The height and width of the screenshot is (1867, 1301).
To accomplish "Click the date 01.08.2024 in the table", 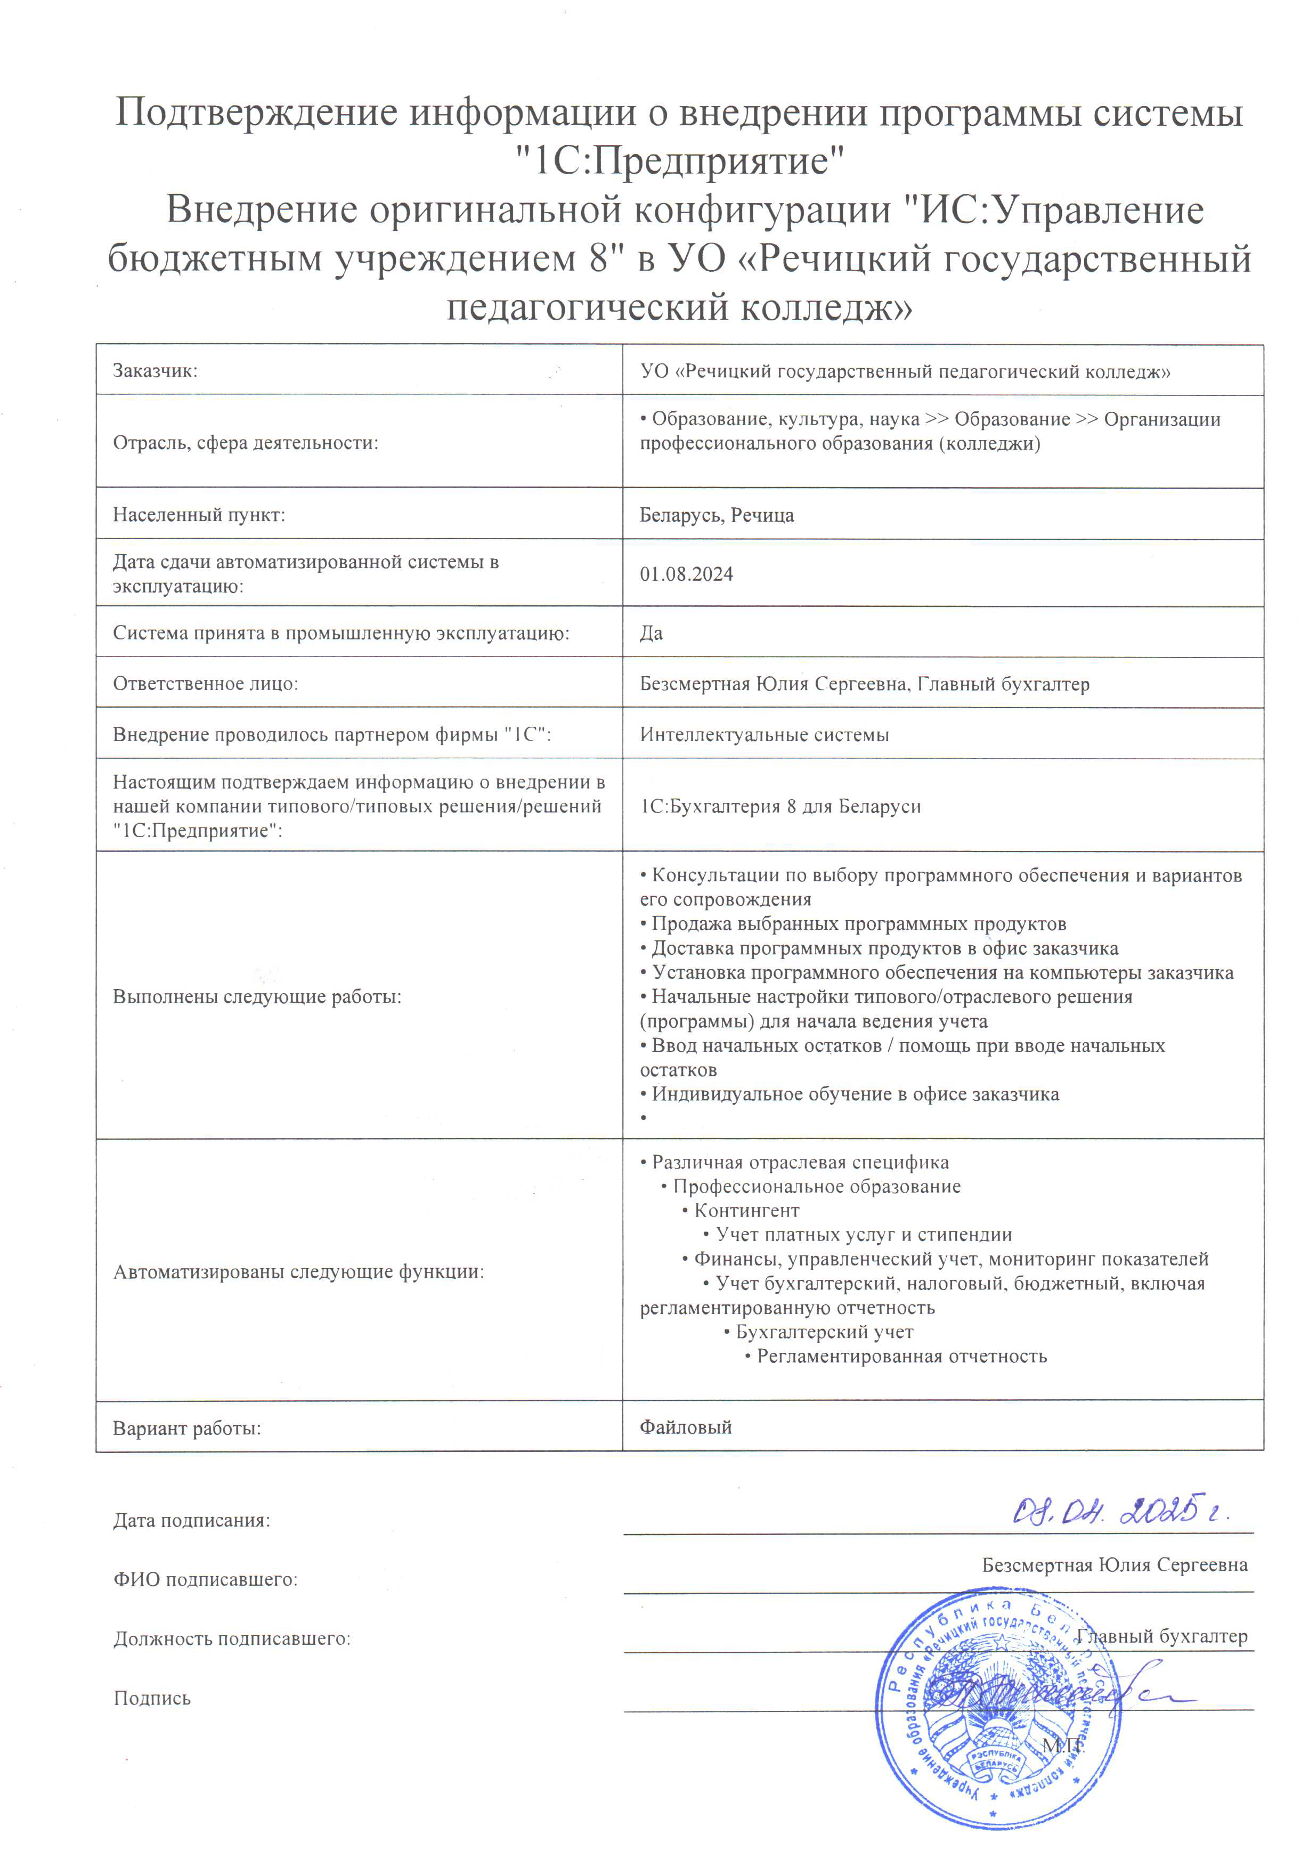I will (686, 574).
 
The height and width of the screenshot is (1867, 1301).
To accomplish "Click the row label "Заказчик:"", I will (156, 371).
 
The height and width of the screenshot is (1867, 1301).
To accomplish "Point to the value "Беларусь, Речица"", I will (717, 515).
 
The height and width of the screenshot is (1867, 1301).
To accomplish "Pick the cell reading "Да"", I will (652, 632).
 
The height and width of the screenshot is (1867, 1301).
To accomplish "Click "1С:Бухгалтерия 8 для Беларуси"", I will (780, 807).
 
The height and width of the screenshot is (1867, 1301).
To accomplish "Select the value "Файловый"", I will (686, 1427).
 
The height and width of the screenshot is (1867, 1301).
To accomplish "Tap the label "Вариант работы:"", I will (187, 1428).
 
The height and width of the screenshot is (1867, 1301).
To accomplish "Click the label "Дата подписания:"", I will (192, 1521).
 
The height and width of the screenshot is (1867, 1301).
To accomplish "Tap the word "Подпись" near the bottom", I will (152, 1699).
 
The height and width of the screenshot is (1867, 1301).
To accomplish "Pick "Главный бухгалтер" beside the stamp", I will (1161, 1636).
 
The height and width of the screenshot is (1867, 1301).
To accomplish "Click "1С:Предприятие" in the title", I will (681, 161).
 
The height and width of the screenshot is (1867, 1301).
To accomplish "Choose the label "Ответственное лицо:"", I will (206, 684).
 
